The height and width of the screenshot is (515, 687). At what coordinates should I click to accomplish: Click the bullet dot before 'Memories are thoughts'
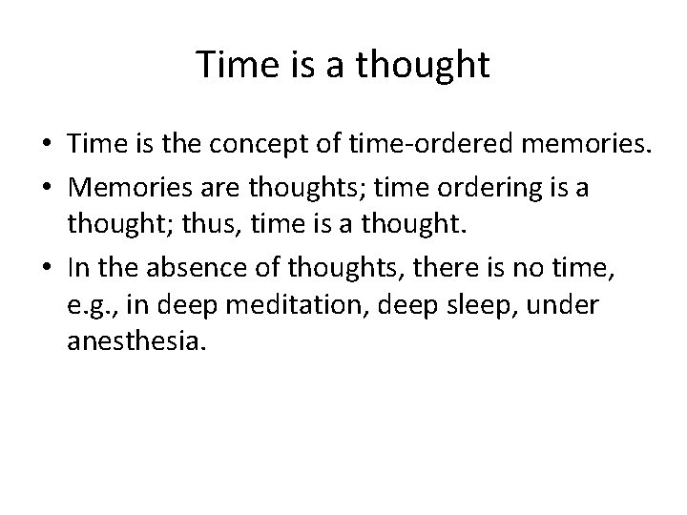tap(47, 190)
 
